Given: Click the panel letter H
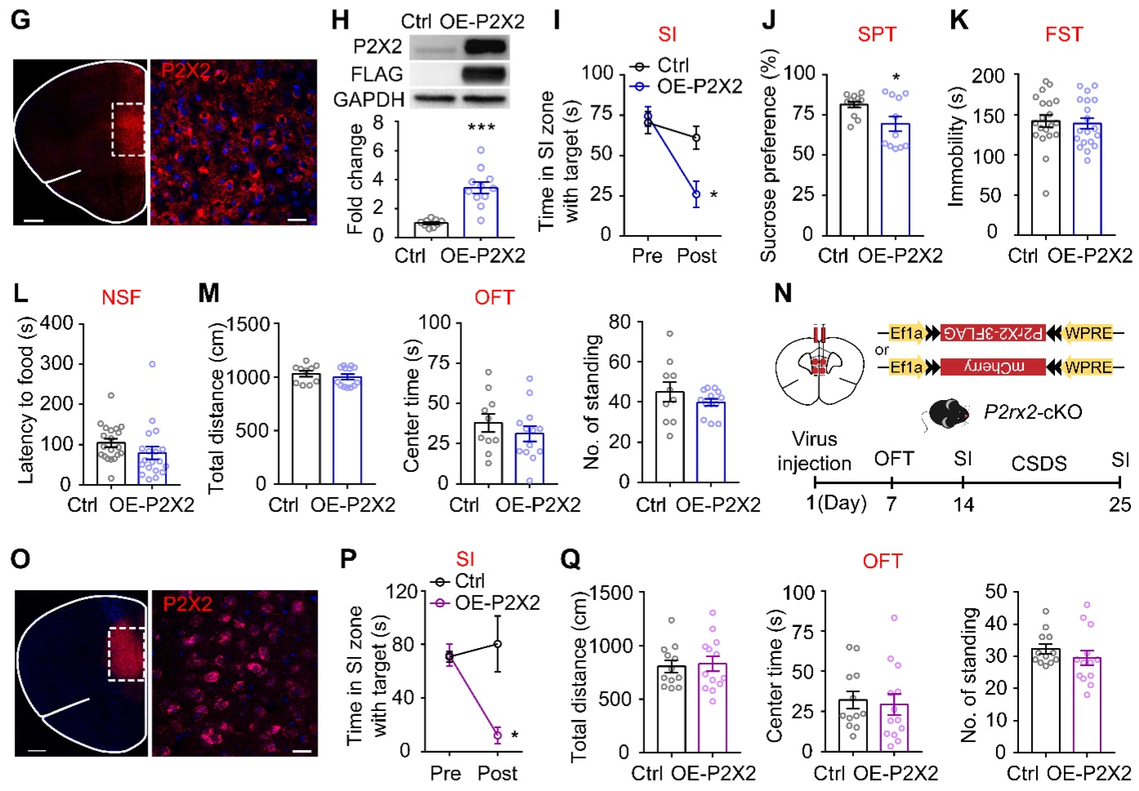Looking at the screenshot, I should [340, 20].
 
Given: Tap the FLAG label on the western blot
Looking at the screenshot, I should [376, 74].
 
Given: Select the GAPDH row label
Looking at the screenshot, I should [369, 100].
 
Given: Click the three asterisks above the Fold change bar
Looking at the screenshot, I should [482, 128].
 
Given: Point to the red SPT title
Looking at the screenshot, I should [877, 34].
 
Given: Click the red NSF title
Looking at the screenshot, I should [121, 298].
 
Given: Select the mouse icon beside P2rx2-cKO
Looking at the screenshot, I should [947, 413].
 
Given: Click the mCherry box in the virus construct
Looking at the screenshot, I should [993, 368].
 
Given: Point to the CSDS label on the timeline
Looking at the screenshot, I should [1039, 464].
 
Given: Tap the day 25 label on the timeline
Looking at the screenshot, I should [1119, 504].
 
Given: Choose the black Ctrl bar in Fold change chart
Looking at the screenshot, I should [430, 229].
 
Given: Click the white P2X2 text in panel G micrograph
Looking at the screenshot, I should [186, 71].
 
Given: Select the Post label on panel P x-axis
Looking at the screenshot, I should [497, 773].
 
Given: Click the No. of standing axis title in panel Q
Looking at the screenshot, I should [970, 674].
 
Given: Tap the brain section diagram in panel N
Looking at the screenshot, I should [819, 371].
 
